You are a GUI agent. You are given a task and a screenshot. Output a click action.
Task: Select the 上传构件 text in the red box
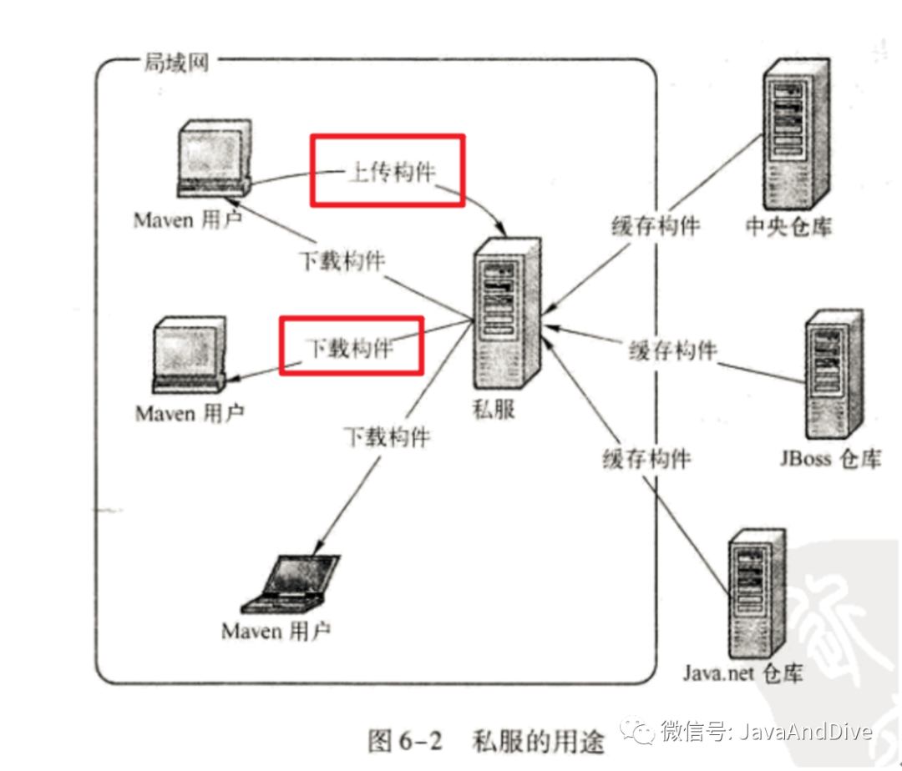click(390, 172)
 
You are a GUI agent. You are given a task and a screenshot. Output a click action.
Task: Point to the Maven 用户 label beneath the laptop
click(276, 631)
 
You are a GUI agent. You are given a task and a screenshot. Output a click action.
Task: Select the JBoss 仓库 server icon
click(834, 372)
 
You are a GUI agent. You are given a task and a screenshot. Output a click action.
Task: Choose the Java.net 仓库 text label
click(742, 673)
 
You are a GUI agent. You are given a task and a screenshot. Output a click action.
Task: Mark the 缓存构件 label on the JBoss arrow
click(672, 350)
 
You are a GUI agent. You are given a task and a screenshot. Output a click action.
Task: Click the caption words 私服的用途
click(537, 740)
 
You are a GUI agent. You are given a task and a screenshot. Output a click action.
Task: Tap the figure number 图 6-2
click(403, 740)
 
